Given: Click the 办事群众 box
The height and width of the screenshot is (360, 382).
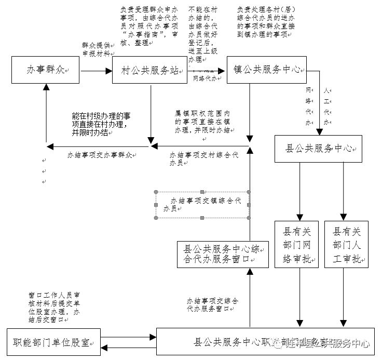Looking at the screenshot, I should tap(47, 70).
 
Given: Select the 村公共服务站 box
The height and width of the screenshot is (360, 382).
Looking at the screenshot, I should tap(149, 70).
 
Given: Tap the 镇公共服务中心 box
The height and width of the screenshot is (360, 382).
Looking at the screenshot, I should tap(266, 70).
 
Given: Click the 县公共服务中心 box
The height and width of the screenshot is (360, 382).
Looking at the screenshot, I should tap(318, 149).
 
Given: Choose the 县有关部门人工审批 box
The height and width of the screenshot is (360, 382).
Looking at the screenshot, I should tap(346, 244).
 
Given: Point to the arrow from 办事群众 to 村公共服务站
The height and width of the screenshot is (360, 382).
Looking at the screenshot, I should tap(96, 70).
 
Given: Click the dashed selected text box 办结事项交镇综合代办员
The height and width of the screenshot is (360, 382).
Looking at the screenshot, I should tap(202, 205).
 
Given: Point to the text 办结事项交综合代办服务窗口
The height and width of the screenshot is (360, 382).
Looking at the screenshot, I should tap(213, 304).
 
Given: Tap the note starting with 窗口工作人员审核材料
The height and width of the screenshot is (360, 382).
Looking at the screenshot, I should tap(54, 307).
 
